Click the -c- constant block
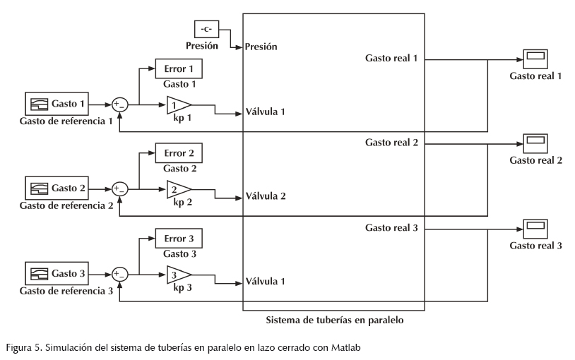(206, 29)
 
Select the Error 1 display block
(179, 68)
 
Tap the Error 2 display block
(179, 153)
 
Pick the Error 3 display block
(179, 237)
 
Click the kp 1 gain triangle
(177, 105)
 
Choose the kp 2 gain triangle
(177, 189)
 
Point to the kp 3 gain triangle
(177, 274)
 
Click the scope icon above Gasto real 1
(535, 59)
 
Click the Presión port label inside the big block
(261, 47)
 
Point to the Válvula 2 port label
(266, 196)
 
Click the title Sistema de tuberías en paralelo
(333, 320)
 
